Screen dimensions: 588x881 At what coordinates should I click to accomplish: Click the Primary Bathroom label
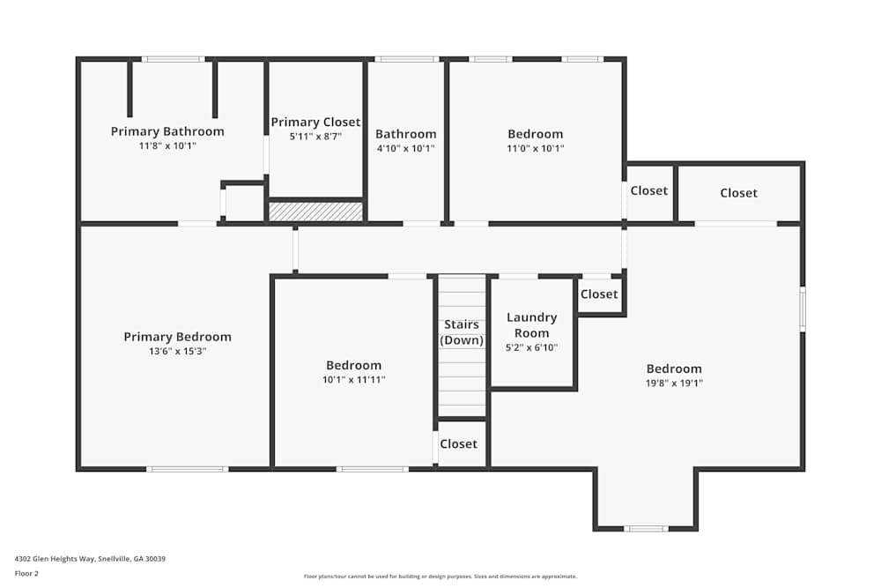pyautogui.click(x=167, y=131)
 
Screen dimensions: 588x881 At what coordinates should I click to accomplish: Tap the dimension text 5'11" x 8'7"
pyautogui.click(x=315, y=137)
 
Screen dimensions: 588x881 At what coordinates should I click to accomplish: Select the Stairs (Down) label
pyautogui.click(x=462, y=332)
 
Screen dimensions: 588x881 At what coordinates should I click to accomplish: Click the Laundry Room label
pyautogui.click(x=532, y=325)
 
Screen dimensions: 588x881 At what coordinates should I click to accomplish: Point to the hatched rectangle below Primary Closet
pyautogui.click(x=315, y=212)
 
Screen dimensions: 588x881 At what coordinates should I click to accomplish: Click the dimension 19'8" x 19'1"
pyautogui.click(x=674, y=383)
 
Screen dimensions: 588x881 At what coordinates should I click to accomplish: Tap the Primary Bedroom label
pyautogui.click(x=177, y=337)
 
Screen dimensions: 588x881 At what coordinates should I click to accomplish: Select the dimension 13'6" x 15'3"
pyautogui.click(x=177, y=352)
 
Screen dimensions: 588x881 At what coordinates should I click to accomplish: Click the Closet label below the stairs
pyautogui.click(x=458, y=444)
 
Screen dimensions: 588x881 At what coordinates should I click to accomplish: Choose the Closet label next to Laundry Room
pyautogui.click(x=599, y=294)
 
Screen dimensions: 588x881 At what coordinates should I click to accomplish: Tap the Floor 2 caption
pyautogui.click(x=26, y=573)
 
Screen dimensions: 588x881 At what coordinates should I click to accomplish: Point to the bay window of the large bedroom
pyautogui.click(x=646, y=528)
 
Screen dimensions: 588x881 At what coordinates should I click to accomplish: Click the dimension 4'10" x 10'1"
pyautogui.click(x=405, y=149)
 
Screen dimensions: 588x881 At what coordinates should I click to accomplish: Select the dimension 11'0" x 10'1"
pyautogui.click(x=535, y=149)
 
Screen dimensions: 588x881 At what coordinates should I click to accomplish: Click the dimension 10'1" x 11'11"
pyautogui.click(x=353, y=380)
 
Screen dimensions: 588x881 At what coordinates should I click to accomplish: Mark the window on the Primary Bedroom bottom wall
pyautogui.click(x=187, y=469)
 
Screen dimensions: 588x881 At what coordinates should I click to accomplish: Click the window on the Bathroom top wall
pyautogui.click(x=406, y=59)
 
